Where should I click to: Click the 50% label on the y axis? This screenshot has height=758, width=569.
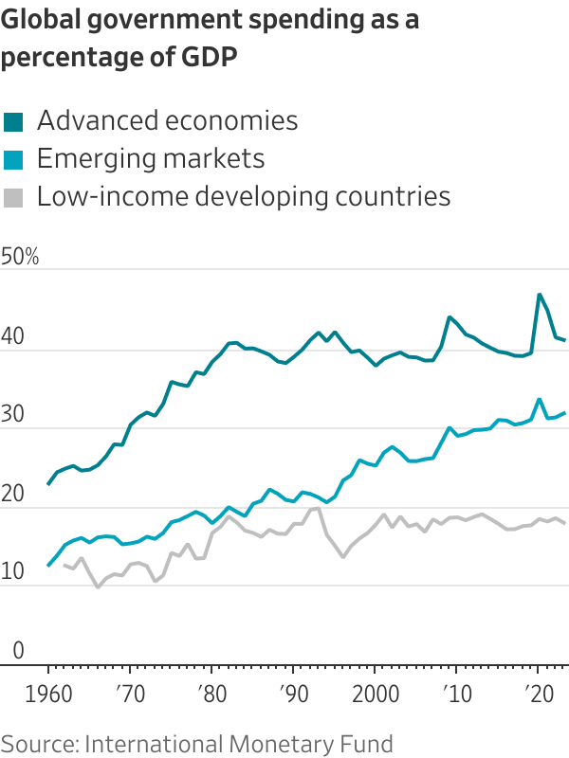(x=20, y=257)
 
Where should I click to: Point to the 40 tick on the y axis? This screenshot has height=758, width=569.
(x=13, y=336)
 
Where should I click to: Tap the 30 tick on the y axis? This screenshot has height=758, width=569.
(x=13, y=415)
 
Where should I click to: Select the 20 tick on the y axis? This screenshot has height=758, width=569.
(x=13, y=494)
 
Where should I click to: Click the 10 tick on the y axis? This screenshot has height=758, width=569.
(x=13, y=572)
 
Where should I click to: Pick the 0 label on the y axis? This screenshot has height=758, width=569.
(x=8, y=651)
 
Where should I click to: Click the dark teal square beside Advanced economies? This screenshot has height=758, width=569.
(x=13, y=121)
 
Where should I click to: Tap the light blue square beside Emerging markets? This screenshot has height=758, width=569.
(x=13, y=159)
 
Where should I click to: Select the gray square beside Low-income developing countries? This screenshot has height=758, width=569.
(x=13, y=197)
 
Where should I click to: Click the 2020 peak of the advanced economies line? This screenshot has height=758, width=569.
(x=540, y=295)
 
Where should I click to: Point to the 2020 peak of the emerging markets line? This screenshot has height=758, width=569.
(x=540, y=399)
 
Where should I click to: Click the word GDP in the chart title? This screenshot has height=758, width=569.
(x=204, y=57)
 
